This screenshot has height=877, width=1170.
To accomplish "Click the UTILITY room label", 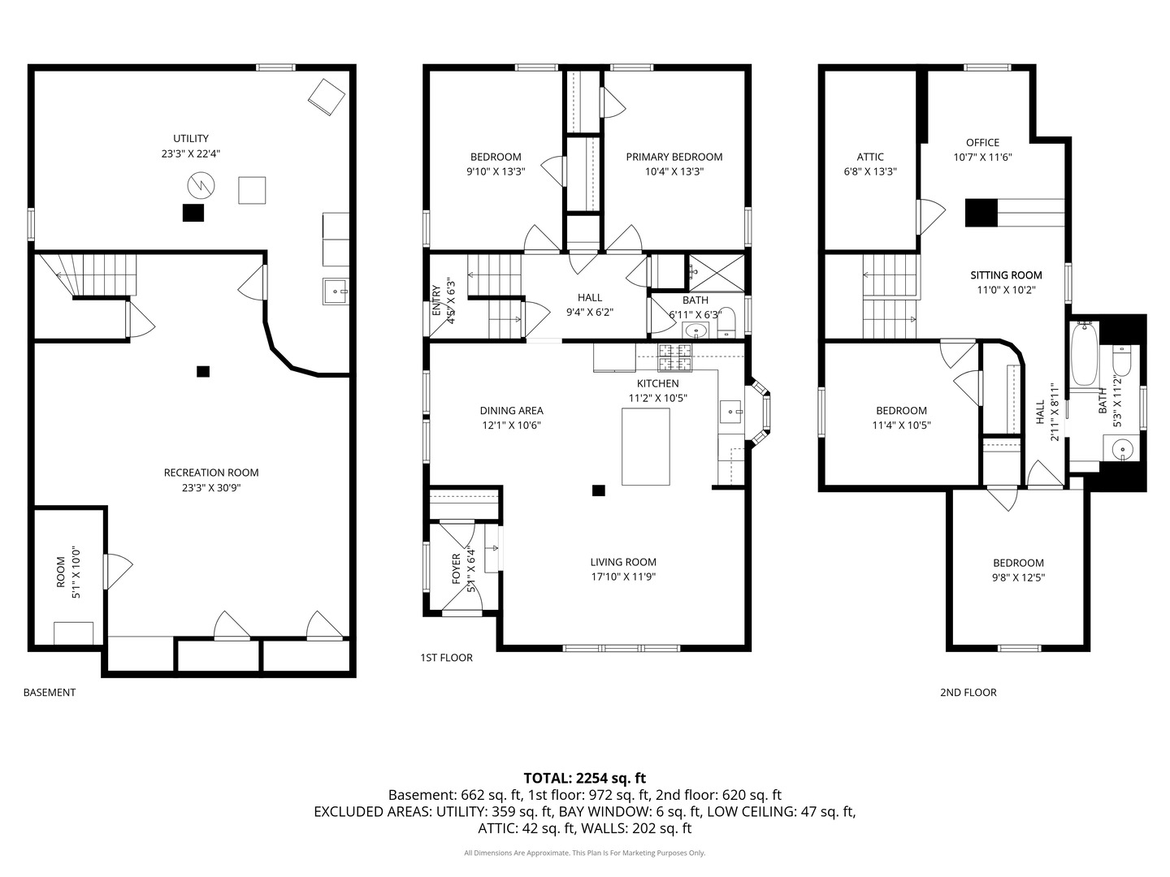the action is [190, 138].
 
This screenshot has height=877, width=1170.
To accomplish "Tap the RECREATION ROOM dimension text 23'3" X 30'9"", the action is [211, 488].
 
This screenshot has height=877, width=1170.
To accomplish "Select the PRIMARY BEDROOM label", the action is [674, 157].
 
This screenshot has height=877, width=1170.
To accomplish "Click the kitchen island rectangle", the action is [645, 447].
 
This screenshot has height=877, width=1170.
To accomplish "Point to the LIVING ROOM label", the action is [622, 562].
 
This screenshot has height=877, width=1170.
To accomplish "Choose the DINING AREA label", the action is [511, 411].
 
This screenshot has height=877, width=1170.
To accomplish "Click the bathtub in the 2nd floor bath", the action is [1084, 353].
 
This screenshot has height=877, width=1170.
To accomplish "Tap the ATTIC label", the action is [870, 157].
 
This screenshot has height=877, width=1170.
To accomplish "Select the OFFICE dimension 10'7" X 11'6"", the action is [982, 158].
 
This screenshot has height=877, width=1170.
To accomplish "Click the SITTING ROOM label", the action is [1006, 275].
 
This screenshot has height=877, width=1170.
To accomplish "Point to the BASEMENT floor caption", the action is [50, 692].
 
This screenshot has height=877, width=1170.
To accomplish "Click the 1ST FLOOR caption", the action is [446, 658].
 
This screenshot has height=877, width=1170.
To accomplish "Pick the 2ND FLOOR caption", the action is [968, 692].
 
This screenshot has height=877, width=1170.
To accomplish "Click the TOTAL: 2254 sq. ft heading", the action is [584, 779].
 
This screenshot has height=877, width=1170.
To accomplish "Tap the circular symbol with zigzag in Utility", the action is [201, 185].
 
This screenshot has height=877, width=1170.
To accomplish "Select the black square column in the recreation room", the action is [202, 371].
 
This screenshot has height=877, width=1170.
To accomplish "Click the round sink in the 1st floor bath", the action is [695, 331].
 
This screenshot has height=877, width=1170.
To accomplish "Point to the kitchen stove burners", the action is [674, 357].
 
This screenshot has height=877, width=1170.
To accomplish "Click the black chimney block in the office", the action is [981, 213].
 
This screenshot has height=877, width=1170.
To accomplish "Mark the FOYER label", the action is [456, 568].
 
